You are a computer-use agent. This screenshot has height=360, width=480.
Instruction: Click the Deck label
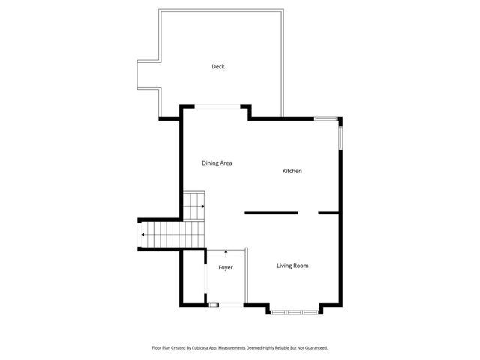pyautogui.click(x=218, y=67)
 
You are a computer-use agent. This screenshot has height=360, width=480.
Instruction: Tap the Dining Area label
pyautogui.click(x=217, y=163)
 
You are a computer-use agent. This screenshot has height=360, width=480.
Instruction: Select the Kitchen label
pyautogui.click(x=292, y=172)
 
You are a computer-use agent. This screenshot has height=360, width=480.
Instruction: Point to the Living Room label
pyautogui.click(x=292, y=265)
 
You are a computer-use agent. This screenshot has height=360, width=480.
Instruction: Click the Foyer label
pyautogui.click(x=226, y=267)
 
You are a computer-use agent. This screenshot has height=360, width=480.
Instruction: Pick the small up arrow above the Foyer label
pyautogui.click(x=226, y=254)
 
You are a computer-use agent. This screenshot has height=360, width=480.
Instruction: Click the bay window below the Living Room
pyautogui.click(x=295, y=310)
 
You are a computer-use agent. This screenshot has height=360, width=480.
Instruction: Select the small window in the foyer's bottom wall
pyautogui.click(x=214, y=304)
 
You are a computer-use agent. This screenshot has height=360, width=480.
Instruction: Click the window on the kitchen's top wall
pyautogui.click(x=325, y=118)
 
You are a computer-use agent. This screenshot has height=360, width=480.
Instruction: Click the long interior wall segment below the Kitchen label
pyautogui.click(x=271, y=213)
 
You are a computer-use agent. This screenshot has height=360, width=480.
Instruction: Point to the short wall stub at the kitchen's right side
pyautogui.click(x=328, y=213)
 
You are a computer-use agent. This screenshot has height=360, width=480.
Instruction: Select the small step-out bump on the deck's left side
pyautogui.click(x=148, y=74)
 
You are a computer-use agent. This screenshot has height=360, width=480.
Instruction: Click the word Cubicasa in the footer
pyautogui.click(x=199, y=347)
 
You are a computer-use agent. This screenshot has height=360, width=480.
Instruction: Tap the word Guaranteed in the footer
pyautogui.click(x=313, y=347)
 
